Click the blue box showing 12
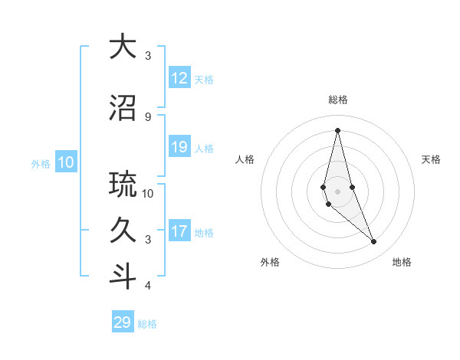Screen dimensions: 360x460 [179, 78]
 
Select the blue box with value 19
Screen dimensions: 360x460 [179, 147]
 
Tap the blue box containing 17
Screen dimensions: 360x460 [179, 231]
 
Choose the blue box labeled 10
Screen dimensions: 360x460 [65, 162]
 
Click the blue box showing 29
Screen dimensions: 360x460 [123, 322]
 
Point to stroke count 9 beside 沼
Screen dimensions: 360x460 [148, 116]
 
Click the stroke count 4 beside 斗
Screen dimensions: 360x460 [148, 286]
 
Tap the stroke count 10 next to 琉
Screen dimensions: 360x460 [148, 193]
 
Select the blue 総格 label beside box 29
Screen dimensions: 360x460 [147, 324]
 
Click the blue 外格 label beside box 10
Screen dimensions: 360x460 [41, 163]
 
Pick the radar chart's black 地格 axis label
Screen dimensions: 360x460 [402, 262]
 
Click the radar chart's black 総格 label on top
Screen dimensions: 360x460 [337, 100]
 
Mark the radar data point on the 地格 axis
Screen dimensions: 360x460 [373, 242]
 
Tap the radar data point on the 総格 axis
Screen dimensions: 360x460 [337, 130]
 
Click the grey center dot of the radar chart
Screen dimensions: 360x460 [337, 191]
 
